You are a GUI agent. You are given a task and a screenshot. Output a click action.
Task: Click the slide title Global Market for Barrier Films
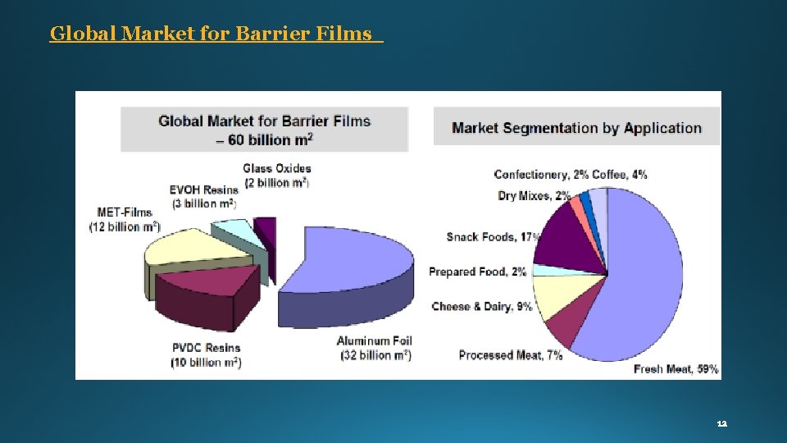[x=216, y=34]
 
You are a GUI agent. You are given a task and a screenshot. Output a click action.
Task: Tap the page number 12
[x=721, y=424]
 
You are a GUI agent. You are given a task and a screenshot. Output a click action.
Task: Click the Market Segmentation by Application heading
[x=576, y=128]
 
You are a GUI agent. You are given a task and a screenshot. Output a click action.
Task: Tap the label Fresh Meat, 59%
[x=676, y=369]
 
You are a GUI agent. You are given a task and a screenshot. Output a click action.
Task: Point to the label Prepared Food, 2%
[x=477, y=272]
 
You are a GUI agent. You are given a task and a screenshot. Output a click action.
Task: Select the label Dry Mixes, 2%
[x=534, y=196]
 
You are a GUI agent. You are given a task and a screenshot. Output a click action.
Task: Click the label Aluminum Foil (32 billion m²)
[x=374, y=348]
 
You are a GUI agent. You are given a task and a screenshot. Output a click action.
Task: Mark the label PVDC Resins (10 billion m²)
[x=206, y=355]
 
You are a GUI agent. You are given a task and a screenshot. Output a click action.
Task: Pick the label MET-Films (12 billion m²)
[x=125, y=219]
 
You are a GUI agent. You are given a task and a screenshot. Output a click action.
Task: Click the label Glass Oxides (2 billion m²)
[x=277, y=176]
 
